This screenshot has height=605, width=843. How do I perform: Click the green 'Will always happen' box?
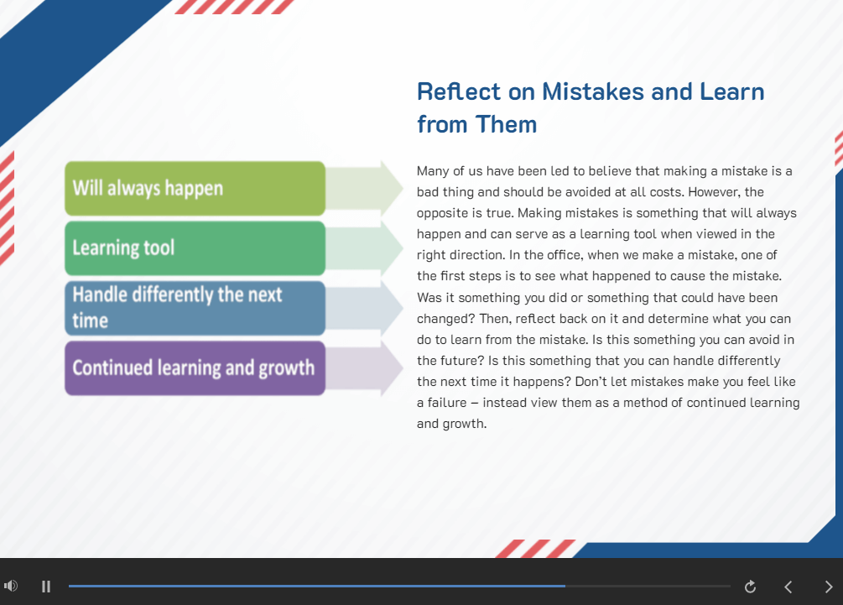pos(195,188)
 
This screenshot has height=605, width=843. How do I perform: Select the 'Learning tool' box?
pos(195,248)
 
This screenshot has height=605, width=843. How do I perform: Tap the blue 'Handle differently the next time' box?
pos(195,308)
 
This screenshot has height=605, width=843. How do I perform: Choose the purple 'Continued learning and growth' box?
pos(195,368)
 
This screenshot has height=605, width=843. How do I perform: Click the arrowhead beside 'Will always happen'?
pos(392,188)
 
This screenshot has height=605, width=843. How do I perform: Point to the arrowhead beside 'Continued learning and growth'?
pos(392,368)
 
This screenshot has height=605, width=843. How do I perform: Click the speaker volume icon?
pos(11,586)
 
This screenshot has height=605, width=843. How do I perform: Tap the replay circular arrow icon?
pos(750,587)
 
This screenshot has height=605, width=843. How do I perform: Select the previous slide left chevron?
pos(788,587)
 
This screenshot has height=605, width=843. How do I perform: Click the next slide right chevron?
pos(829,587)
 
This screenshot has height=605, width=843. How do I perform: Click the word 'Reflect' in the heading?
pos(459,91)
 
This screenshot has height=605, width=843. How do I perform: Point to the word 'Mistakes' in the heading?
pos(593,91)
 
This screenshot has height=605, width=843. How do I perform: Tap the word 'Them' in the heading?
pos(506,124)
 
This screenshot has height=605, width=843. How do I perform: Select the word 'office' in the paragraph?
pos(562,255)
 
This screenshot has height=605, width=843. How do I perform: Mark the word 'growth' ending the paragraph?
pos(465,424)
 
